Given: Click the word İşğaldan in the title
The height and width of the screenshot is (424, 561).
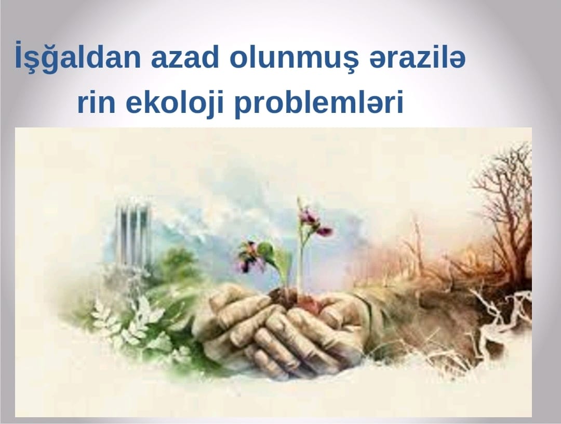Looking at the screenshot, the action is coord(77,57).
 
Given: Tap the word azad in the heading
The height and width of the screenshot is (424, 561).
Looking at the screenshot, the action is coord(184,57).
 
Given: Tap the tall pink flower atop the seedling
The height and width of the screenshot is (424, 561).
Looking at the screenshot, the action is coord(315,221).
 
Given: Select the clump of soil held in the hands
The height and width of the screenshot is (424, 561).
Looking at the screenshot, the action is coord(295,300).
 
